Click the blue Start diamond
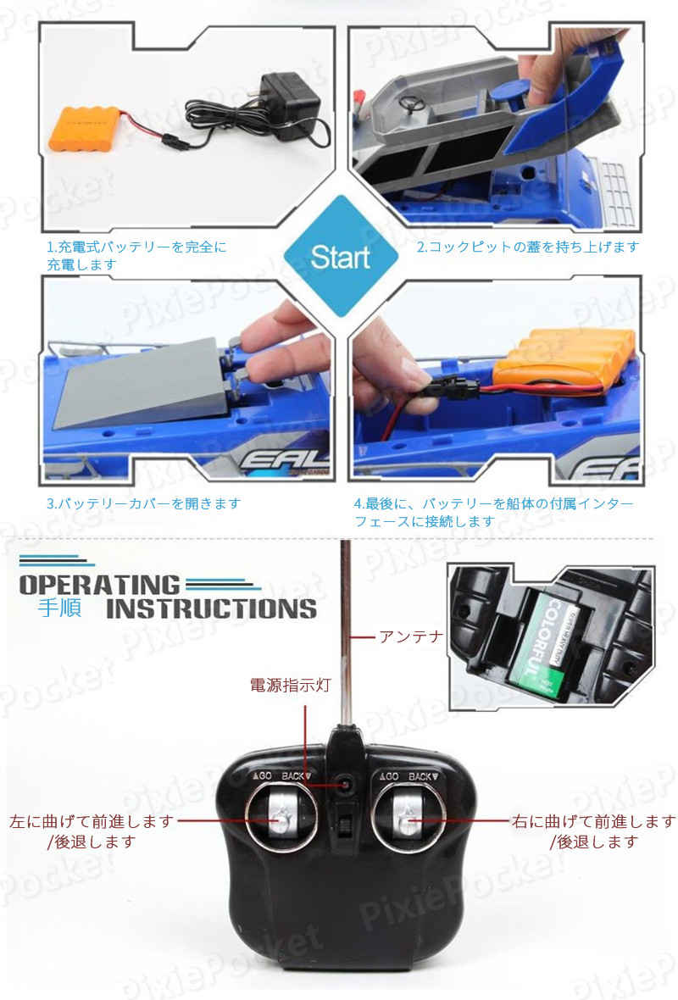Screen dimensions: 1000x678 (x=340, y=255)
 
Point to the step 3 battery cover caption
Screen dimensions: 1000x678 (x=143, y=503)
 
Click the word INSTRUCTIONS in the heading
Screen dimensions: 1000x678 (x=212, y=608)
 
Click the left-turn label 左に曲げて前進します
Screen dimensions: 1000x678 (x=92, y=821)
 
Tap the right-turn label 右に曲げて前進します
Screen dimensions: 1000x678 (x=593, y=821)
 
